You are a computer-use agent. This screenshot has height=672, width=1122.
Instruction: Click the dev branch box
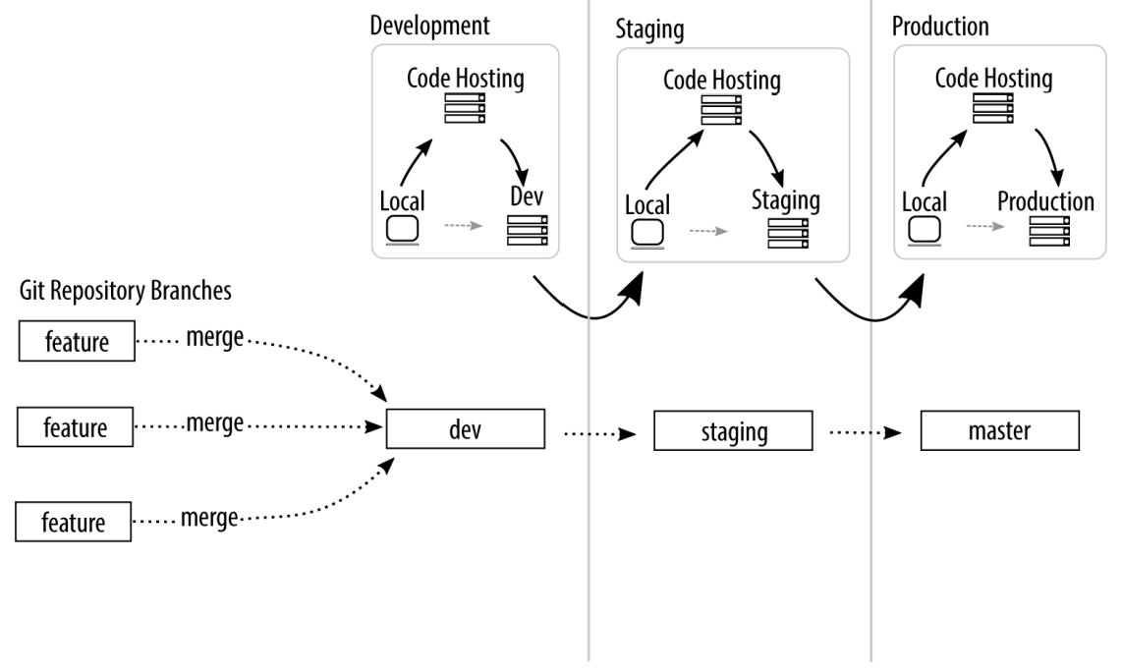465,428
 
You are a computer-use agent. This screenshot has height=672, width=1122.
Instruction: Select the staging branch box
733,430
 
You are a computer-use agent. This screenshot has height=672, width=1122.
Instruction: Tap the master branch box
999,430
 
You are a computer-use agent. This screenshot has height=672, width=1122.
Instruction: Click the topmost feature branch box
77,341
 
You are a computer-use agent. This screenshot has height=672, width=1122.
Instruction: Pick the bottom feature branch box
73,521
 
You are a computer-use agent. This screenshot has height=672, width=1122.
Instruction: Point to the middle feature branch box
75,426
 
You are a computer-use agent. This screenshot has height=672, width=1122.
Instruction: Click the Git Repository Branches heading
125,291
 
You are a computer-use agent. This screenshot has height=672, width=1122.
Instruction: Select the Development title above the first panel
429,25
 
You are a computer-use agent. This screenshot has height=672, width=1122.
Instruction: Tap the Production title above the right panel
940,27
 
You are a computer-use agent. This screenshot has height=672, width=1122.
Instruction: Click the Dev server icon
528,231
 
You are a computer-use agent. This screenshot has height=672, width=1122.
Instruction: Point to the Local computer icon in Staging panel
647,234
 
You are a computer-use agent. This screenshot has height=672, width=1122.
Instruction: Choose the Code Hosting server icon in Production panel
993,108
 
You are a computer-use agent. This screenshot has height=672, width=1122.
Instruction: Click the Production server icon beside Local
1049,231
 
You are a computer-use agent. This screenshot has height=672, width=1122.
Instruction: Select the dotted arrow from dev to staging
599,433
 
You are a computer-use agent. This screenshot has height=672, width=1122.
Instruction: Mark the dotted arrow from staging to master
866,432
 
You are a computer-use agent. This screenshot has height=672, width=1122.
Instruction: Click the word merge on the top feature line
214,337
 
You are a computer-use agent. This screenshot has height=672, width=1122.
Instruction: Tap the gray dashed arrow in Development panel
463,225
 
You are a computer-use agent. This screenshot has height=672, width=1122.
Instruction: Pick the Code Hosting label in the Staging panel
722,81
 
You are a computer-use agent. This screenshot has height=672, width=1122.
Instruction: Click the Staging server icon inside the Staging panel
788,233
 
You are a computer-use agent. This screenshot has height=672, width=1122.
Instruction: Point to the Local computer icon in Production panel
925,231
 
